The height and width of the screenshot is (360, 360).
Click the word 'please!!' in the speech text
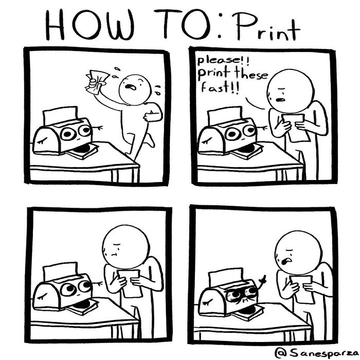coord(211,64)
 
